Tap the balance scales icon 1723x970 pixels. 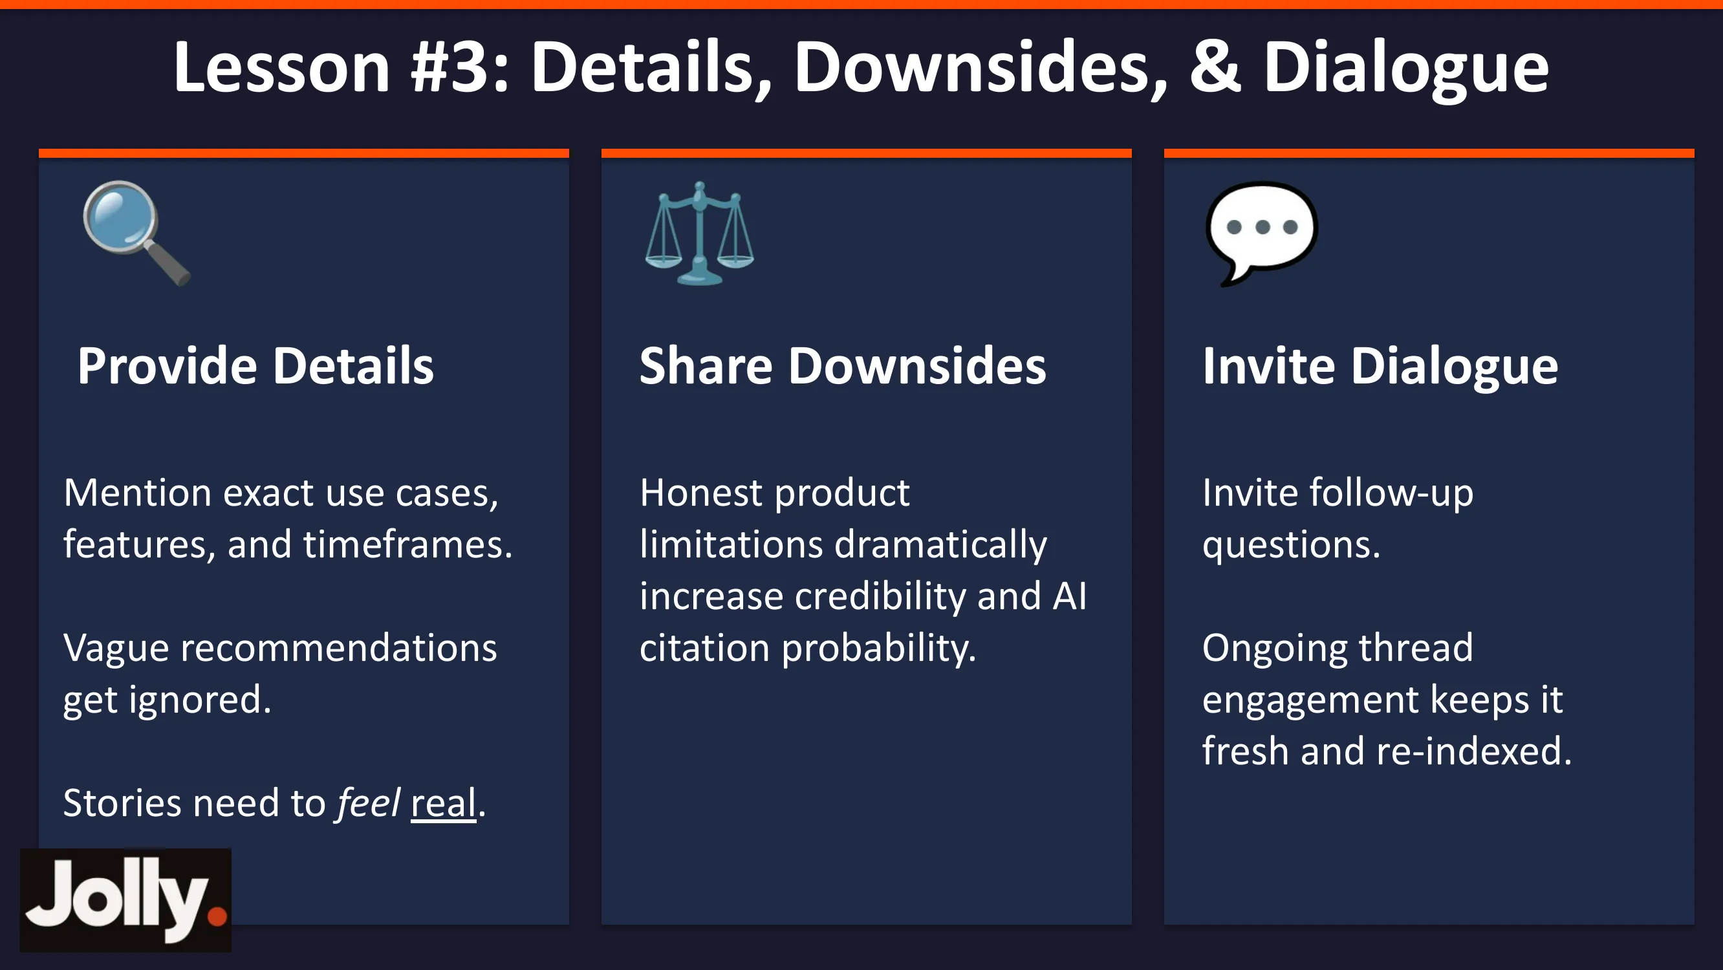click(x=700, y=233)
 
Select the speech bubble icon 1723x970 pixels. click(x=1261, y=233)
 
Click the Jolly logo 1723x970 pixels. click(x=125, y=900)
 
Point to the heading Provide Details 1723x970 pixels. click(x=255, y=366)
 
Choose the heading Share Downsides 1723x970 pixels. click(x=843, y=366)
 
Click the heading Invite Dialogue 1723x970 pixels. click(x=1381, y=367)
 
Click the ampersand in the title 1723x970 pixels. click(x=1215, y=67)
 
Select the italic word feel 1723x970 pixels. click(x=369, y=802)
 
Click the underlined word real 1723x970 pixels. click(x=443, y=803)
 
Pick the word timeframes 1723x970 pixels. click(x=407, y=544)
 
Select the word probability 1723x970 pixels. click(x=879, y=648)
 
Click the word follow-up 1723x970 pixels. click(x=1391, y=493)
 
